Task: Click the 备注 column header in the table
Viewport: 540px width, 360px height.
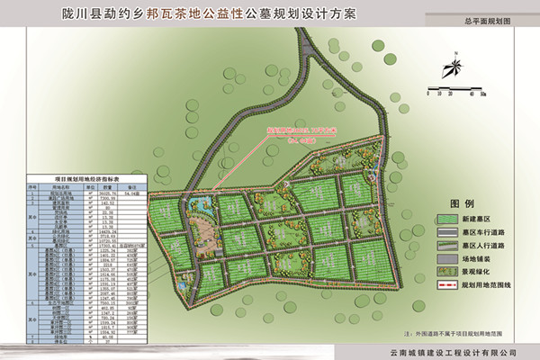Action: [133, 185]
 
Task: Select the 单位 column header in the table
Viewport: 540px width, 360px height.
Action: [86, 185]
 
